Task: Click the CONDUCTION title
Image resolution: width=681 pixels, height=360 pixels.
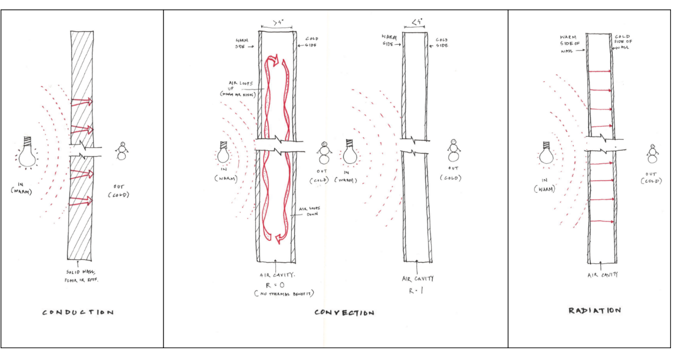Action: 77,313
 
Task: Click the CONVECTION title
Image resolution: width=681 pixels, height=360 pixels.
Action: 344,313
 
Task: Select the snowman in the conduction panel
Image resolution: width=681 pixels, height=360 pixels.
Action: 123,151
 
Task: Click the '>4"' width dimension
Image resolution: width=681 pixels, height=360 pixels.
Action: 276,24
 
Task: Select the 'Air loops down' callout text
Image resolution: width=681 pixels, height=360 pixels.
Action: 313,210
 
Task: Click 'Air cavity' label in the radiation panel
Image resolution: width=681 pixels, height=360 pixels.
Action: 601,275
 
